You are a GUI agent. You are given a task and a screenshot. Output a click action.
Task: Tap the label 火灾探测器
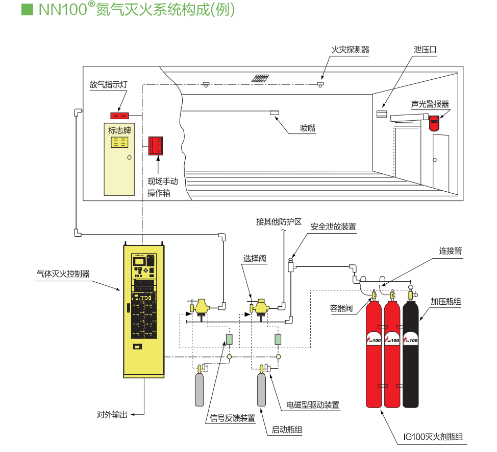click(x=350, y=50)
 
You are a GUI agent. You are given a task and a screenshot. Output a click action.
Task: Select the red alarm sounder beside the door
click(x=434, y=123)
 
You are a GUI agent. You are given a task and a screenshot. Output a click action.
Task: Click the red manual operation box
click(x=155, y=146)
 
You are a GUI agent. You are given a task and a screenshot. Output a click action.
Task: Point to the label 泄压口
click(x=425, y=50)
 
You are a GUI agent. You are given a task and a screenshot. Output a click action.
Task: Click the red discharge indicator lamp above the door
click(x=120, y=115)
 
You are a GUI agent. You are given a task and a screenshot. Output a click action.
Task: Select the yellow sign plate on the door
click(x=119, y=142)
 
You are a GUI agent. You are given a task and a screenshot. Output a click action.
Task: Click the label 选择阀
click(x=255, y=259)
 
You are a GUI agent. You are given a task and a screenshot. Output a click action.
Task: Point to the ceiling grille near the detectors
click(x=260, y=78)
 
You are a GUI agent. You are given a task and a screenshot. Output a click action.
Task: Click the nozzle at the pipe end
click(x=274, y=112)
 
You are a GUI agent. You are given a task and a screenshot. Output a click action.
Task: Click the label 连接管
click(x=450, y=251)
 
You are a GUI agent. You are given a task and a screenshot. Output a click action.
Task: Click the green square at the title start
click(x=27, y=10)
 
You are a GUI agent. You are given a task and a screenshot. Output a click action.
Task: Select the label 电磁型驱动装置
click(x=313, y=405)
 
